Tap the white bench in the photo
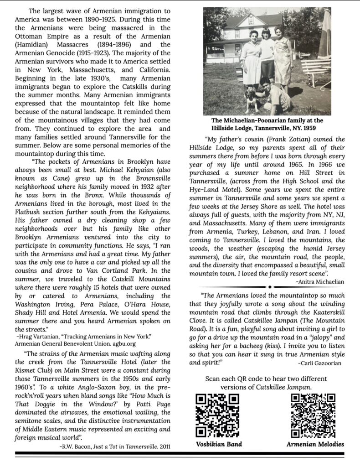pyautogui.click(x=315, y=68)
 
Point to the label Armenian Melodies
pyautogui.click(x=315, y=444)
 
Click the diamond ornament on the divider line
pyautogui.click(x=270, y=287)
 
